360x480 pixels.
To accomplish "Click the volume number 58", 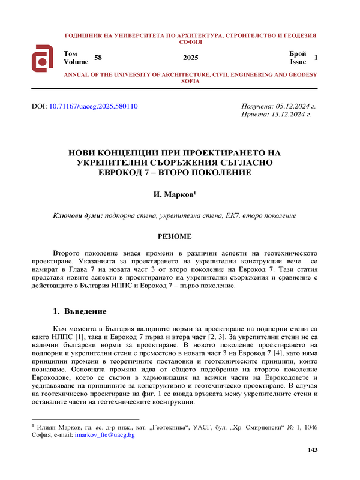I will click(x=99, y=57).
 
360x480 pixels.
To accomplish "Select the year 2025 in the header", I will click(x=190, y=58).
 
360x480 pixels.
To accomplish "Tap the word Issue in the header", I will click(x=298, y=62).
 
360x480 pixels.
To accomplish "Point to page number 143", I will click(x=311, y=450).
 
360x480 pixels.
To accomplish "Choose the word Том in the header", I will click(x=70, y=54).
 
